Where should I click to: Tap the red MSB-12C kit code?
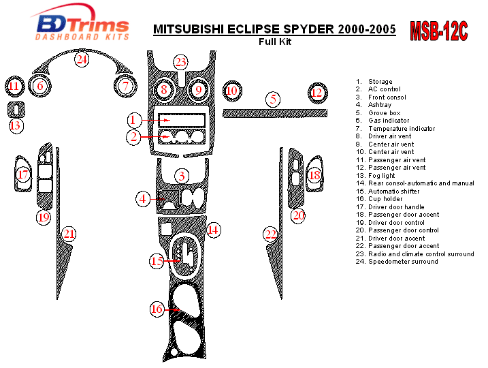point(439,31)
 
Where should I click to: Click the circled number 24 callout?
point(82,60)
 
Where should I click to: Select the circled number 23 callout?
point(180,63)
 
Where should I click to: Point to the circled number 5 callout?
point(273,99)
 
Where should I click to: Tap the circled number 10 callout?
point(232,90)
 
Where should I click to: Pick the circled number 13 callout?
point(16,125)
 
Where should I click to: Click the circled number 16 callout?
point(157,309)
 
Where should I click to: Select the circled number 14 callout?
point(213,230)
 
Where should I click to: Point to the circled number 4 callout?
point(143,199)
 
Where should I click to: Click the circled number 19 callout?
point(44,217)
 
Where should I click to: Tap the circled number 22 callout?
point(272,234)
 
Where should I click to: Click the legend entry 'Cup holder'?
point(385,199)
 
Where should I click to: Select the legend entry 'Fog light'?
point(383,175)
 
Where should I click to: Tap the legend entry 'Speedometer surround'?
point(403,262)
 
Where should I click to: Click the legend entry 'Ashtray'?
point(380,105)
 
